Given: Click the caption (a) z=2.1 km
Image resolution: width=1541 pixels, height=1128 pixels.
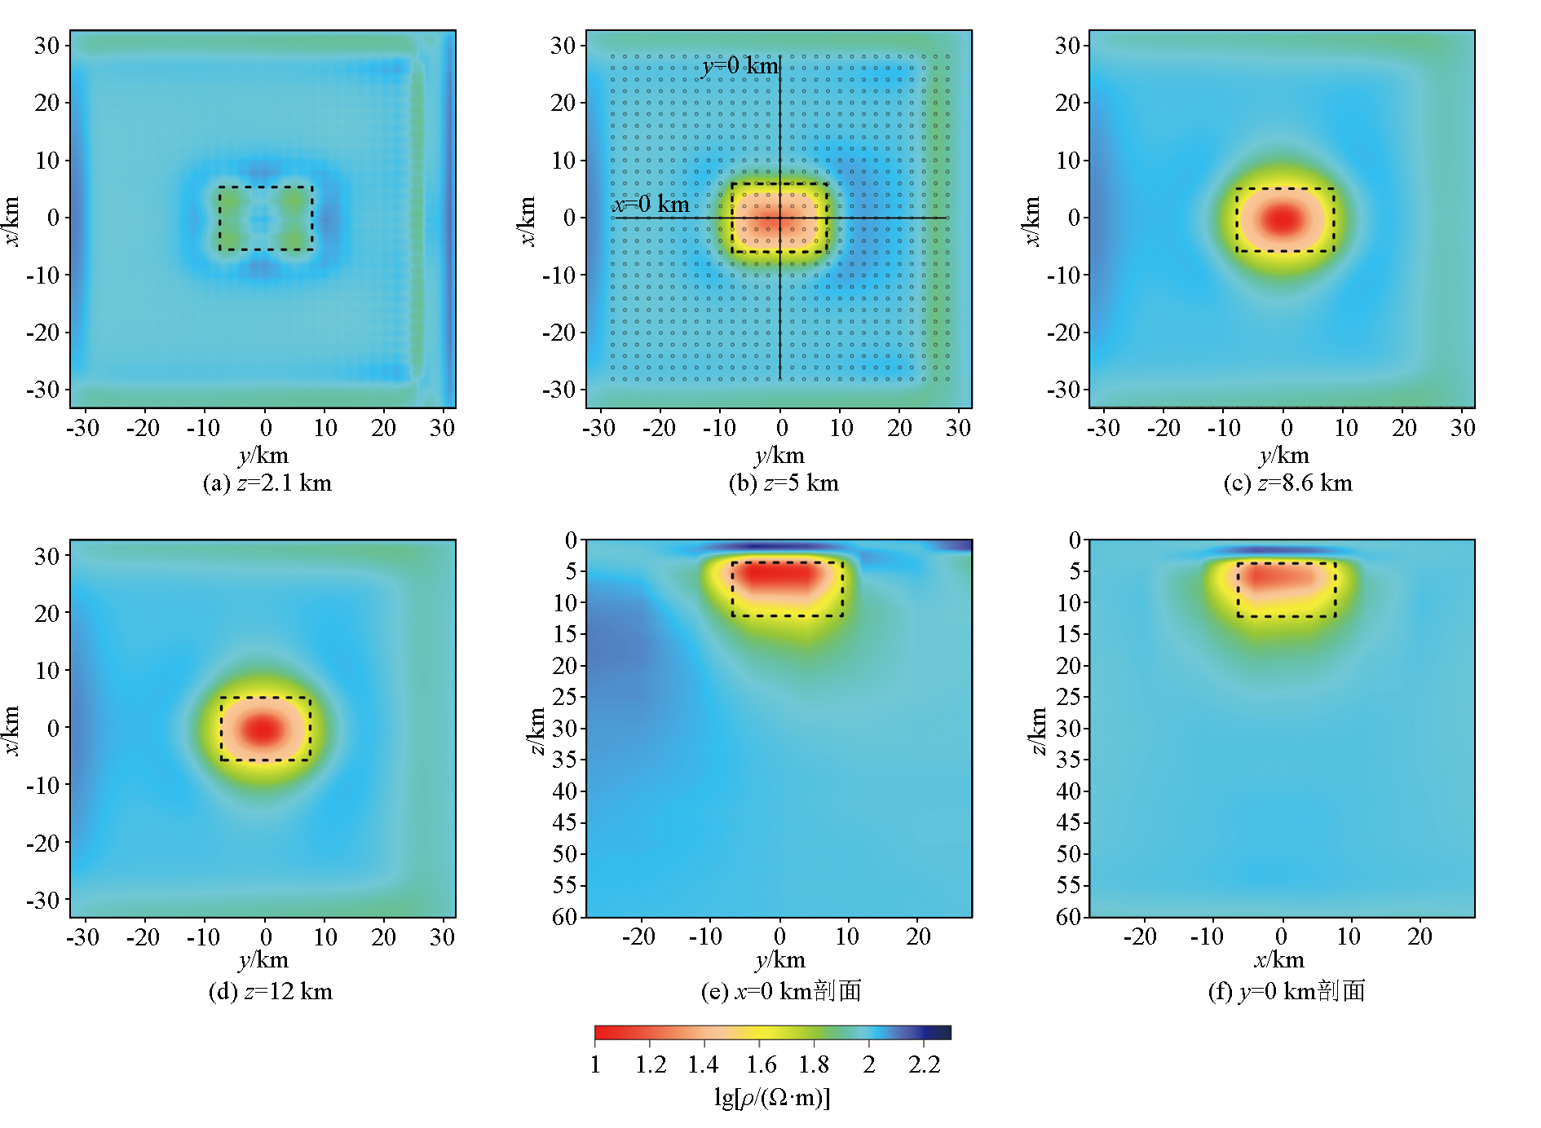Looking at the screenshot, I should click(267, 483).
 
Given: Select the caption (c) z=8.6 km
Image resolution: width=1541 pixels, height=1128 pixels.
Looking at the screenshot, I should click(1287, 483).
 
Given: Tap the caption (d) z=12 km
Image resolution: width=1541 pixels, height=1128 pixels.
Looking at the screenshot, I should click(270, 992).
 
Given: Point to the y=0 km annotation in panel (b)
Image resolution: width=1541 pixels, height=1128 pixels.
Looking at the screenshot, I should click(740, 65).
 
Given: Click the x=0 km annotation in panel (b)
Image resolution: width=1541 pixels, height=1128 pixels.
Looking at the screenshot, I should click(651, 204).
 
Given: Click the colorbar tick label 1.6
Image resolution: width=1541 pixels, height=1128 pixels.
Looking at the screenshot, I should click(761, 1065).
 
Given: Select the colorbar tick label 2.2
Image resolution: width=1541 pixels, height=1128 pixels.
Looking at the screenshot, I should click(925, 1065).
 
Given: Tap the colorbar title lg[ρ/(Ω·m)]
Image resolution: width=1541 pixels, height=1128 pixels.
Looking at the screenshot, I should click(771, 1098).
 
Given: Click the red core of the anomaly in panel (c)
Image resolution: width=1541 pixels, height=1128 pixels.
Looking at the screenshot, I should click(1283, 218).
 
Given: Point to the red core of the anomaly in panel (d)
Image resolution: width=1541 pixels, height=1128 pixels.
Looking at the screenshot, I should click(263, 729).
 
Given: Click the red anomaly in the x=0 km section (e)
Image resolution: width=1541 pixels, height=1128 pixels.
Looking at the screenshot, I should click(779, 576).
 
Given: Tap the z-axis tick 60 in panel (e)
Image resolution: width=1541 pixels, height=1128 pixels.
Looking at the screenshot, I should click(565, 917).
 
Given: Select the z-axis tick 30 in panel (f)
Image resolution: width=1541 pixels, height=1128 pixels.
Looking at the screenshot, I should click(1069, 728).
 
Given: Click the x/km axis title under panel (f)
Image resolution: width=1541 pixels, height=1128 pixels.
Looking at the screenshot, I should click(1279, 960).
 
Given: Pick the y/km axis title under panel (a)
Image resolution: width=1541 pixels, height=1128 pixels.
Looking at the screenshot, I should click(263, 455).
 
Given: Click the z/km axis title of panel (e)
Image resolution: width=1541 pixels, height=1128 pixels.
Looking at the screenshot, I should click(536, 731).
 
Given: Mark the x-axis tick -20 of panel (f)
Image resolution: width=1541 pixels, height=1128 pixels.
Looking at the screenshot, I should click(1140, 937).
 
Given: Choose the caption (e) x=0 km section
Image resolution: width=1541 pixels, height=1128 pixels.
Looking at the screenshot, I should click(780, 992).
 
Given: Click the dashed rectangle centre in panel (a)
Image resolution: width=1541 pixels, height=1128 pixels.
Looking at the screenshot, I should click(266, 218).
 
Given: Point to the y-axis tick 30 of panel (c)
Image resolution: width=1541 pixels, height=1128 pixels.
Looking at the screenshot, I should click(1067, 46).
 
